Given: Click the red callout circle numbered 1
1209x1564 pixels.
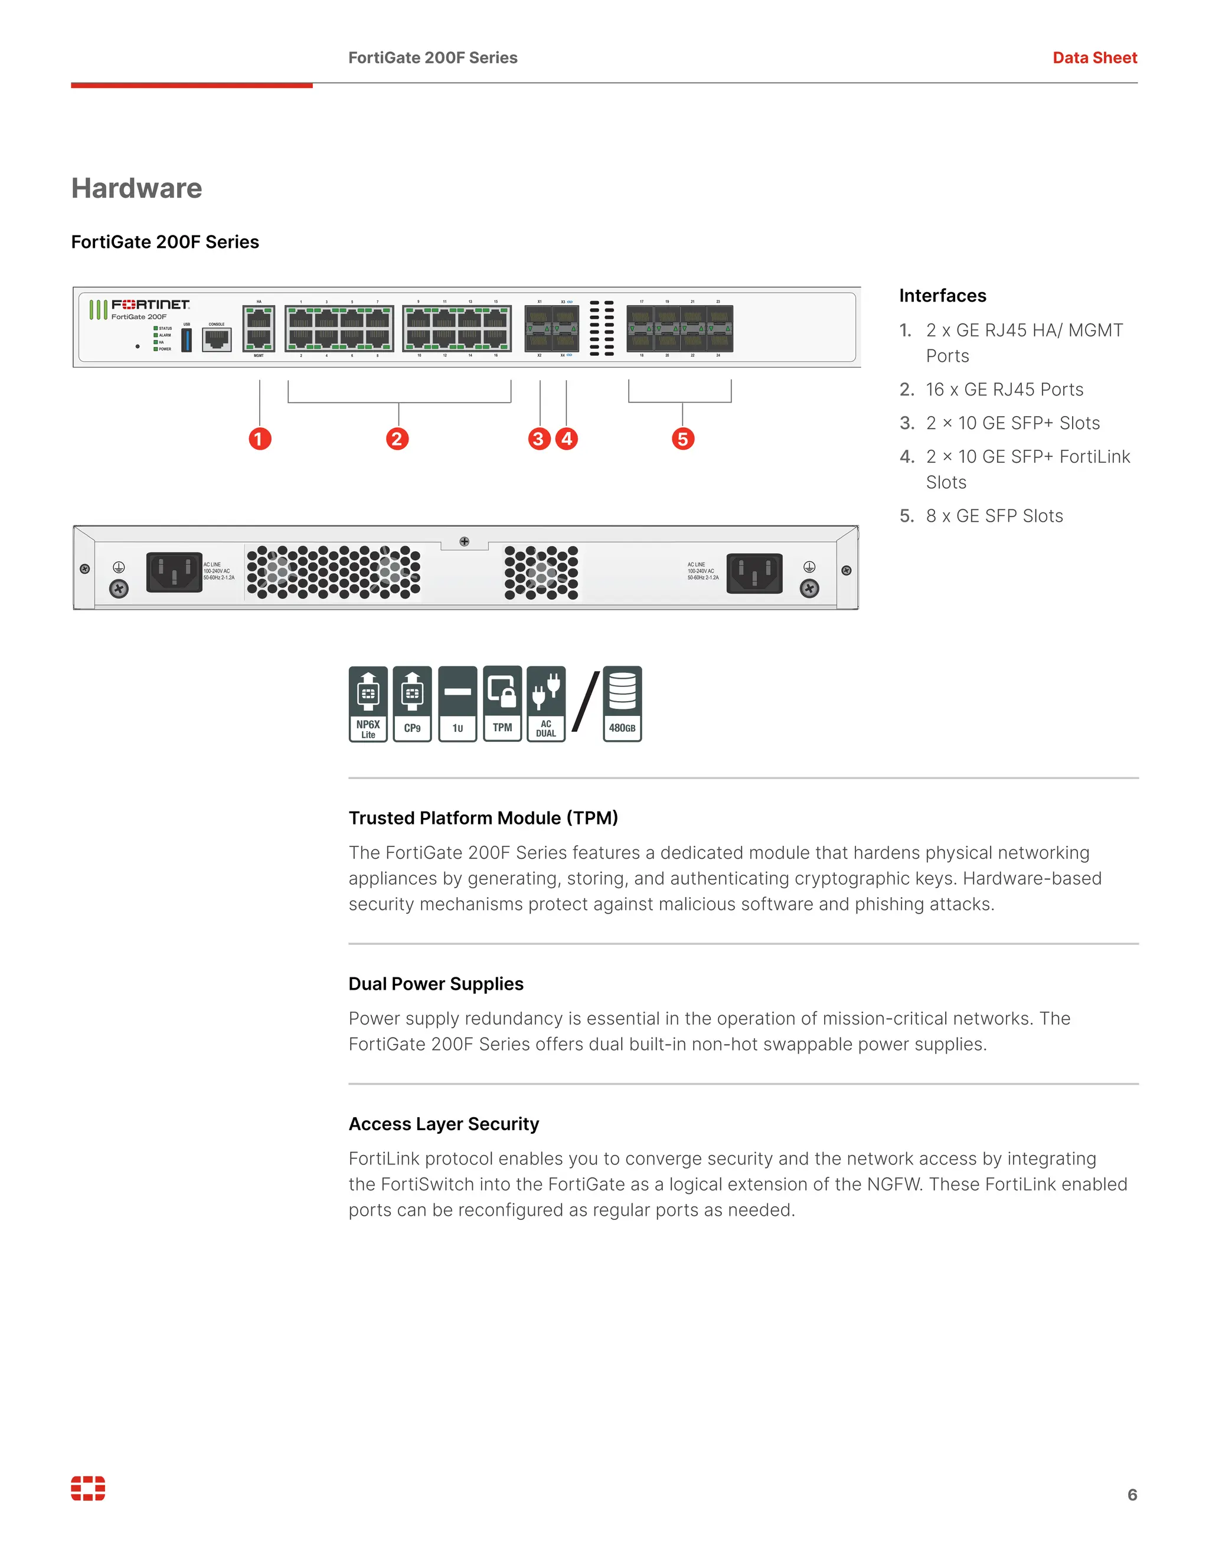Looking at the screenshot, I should click(x=260, y=439).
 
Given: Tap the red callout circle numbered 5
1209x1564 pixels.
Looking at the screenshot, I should click(x=682, y=439).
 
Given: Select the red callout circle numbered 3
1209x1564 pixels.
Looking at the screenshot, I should click(x=538, y=439).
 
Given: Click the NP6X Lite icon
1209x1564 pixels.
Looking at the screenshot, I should click(x=368, y=704).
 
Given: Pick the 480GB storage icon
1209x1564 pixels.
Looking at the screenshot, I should click(x=622, y=704).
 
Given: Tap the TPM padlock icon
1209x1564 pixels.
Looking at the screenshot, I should click(x=502, y=704).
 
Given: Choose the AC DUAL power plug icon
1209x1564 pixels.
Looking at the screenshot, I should click(x=546, y=704).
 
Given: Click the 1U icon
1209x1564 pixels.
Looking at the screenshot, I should click(x=458, y=704).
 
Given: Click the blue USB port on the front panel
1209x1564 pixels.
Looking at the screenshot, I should click(x=186, y=340).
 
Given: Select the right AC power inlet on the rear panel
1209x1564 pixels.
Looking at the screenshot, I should click(x=754, y=573).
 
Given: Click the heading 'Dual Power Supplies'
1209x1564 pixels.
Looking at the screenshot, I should click(x=436, y=984).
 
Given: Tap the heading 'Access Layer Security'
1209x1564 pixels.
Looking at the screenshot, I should click(x=443, y=1124).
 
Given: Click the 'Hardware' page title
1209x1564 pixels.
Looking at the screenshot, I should click(x=136, y=188).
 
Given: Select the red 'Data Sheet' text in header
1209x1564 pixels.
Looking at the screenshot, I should click(x=1094, y=58).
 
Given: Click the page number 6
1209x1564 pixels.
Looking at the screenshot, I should click(x=1132, y=1494).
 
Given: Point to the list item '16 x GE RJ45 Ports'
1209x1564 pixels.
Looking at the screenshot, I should click(x=1004, y=390).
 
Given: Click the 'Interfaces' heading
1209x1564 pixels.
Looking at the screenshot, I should click(x=942, y=296).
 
